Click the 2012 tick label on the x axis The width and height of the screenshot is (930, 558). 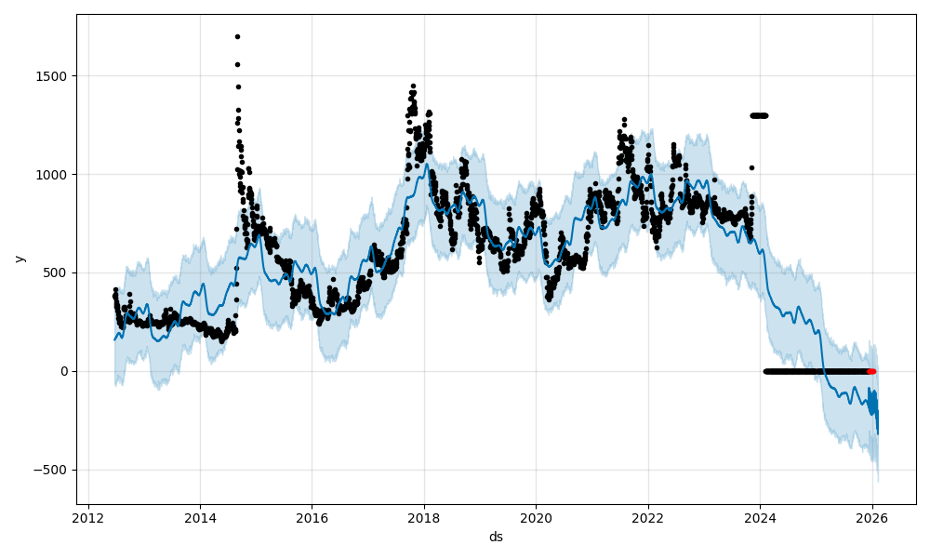88,519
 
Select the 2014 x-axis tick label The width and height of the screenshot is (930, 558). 200,519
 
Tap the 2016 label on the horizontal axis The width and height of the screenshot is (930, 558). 312,519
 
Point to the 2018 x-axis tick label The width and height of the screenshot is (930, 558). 424,519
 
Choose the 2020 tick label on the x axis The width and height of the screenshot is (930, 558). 536,519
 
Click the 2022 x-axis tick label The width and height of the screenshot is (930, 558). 648,519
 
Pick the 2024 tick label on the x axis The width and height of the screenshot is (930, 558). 760,519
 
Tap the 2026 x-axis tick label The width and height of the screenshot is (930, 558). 872,519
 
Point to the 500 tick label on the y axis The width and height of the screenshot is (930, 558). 57,273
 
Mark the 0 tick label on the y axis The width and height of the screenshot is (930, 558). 64,372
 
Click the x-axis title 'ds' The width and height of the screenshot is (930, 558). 496,537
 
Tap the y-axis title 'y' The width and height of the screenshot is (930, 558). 20,259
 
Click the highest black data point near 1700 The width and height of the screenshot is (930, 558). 237,36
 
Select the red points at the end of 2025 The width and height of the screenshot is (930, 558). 871,371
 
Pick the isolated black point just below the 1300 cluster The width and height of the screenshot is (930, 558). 751,167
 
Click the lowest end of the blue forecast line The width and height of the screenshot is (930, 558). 877,433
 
